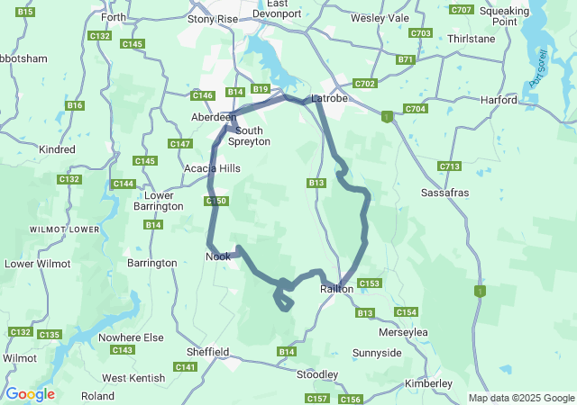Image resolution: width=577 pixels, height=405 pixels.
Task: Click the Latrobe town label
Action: [x=329, y=98]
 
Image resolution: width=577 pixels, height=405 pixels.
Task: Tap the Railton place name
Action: [x=337, y=289]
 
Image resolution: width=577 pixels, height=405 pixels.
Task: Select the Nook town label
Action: [x=217, y=256]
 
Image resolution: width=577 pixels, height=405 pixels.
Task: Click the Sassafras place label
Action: [x=445, y=193]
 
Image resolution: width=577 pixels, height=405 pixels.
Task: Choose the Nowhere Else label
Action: [x=132, y=337]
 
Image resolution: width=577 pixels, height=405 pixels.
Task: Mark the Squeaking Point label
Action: [x=529, y=15]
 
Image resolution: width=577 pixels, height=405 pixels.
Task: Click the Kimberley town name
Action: [x=428, y=383]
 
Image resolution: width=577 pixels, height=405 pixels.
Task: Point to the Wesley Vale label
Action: [x=380, y=17]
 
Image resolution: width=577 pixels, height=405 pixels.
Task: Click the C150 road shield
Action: [x=216, y=201]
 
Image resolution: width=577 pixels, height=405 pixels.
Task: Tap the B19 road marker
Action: [x=261, y=89]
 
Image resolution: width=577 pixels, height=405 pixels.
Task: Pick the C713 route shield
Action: [x=449, y=166]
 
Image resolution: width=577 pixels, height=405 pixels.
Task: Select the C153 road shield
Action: [x=370, y=283]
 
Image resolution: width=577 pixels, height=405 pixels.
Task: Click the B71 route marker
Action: [x=405, y=59]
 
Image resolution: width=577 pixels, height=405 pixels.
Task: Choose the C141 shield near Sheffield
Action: [x=186, y=367]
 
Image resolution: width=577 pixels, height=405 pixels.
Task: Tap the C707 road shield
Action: [x=461, y=10]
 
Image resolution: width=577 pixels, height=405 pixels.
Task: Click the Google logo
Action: [x=30, y=394]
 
